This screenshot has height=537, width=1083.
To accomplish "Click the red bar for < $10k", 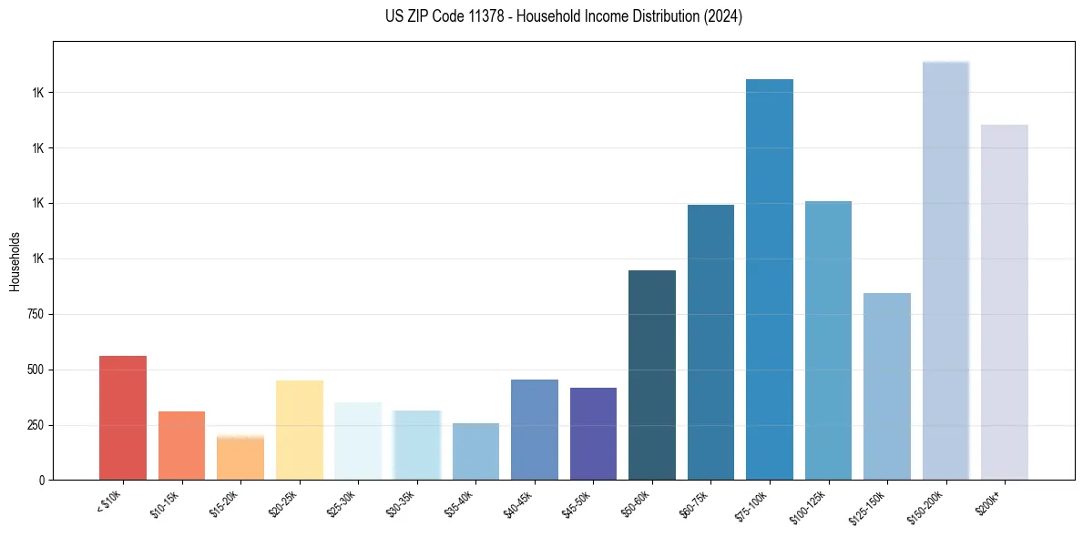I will (x=122, y=418).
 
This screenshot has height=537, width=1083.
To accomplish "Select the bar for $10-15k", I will (x=181, y=446).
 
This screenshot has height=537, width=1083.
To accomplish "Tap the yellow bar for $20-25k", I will (x=299, y=430).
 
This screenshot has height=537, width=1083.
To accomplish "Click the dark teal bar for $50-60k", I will (x=652, y=375).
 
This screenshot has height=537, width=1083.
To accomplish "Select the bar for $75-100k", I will (x=770, y=279).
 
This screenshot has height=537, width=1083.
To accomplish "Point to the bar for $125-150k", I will (x=887, y=387).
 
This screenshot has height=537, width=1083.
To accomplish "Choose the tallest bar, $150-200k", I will (x=945, y=270).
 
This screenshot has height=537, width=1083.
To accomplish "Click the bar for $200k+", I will (x=1005, y=302).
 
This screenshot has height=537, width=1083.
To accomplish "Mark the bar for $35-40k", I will (x=475, y=451).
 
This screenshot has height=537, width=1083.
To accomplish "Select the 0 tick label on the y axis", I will (x=40, y=481).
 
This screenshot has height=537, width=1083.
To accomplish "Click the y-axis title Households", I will (x=15, y=261).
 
